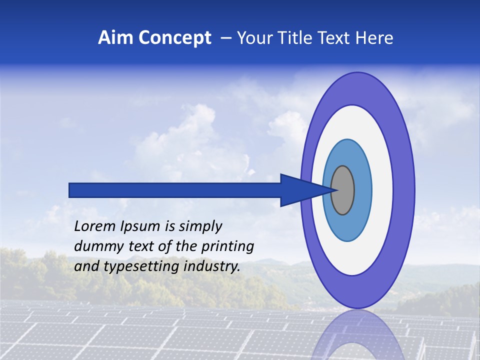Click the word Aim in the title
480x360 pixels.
(115, 38)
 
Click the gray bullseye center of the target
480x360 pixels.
(342, 190)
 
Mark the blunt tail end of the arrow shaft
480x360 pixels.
(70, 190)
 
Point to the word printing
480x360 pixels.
(227, 247)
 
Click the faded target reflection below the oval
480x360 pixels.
(357, 335)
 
